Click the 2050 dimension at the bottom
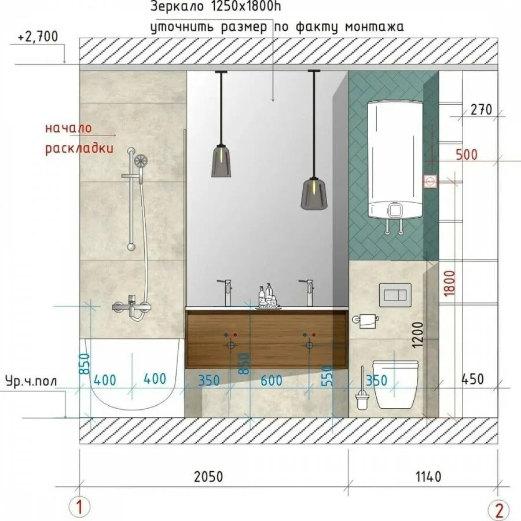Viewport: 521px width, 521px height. (208, 477)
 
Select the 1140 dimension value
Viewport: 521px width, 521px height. (428, 477)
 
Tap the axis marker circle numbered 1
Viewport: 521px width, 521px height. (79, 507)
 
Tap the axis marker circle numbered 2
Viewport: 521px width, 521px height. (498, 509)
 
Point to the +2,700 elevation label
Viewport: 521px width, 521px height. (38, 36)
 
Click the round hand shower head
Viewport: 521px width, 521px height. (141, 160)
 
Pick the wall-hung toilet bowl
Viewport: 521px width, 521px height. (395, 384)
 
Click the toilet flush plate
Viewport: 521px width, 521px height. (395, 295)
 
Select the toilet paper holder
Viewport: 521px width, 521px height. (365, 320)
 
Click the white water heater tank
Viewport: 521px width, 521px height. (395, 160)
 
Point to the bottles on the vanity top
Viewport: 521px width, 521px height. (268, 295)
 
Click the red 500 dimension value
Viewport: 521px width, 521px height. (466, 155)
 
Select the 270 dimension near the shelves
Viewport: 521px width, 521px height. (481, 109)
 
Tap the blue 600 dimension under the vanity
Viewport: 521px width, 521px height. (271, 380)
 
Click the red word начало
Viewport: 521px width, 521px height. (68, 129)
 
